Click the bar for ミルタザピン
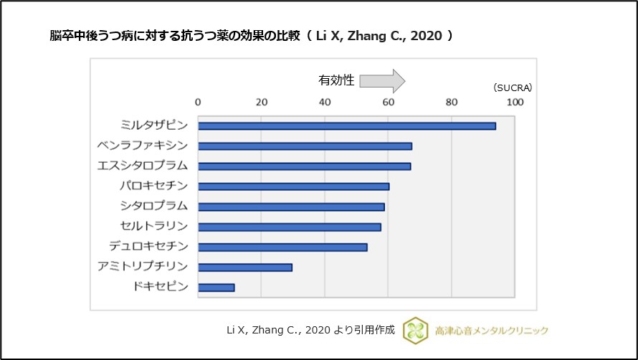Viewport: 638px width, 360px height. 347,125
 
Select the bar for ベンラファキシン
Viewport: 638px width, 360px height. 305,146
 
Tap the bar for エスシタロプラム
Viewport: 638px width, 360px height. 304,166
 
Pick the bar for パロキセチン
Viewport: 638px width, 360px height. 293,186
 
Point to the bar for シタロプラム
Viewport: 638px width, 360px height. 291,207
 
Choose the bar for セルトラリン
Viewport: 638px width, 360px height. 289,227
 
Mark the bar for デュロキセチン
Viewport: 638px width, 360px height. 282,247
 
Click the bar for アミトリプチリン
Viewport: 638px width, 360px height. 245,267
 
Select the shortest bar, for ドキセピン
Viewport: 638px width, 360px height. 216,288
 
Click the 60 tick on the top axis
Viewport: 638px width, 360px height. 388,102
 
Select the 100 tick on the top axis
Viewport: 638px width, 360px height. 515,102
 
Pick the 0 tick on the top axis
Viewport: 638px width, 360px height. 198,102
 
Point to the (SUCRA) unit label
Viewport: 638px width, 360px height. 512,87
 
